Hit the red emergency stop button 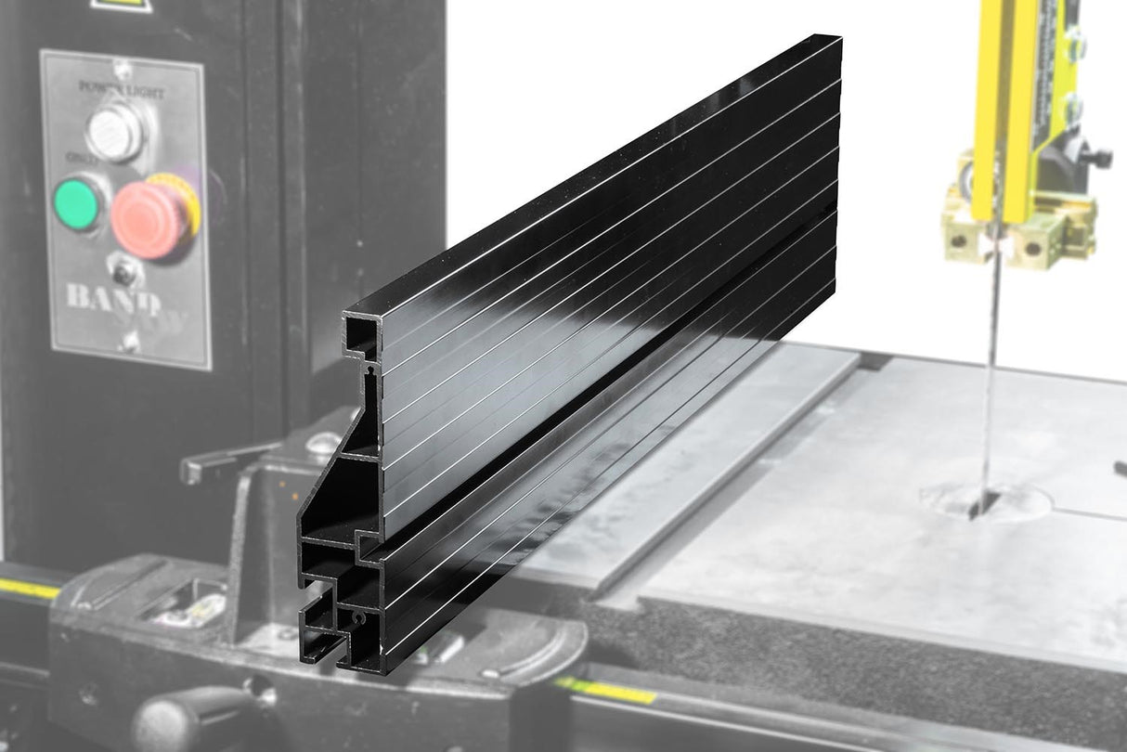150,216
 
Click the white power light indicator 116,131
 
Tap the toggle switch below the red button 122,272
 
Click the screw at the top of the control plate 122,69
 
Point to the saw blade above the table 991,371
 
